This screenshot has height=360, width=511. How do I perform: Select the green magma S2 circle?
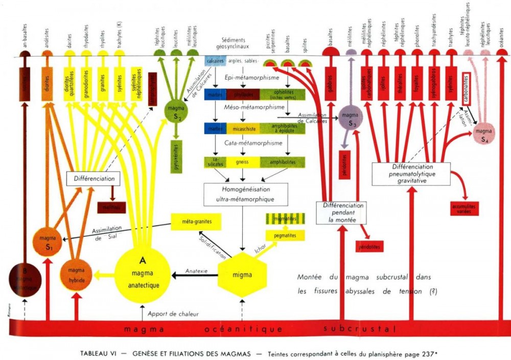[x=176, y=112]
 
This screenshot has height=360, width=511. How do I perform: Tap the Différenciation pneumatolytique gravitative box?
[x=411, y=174]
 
